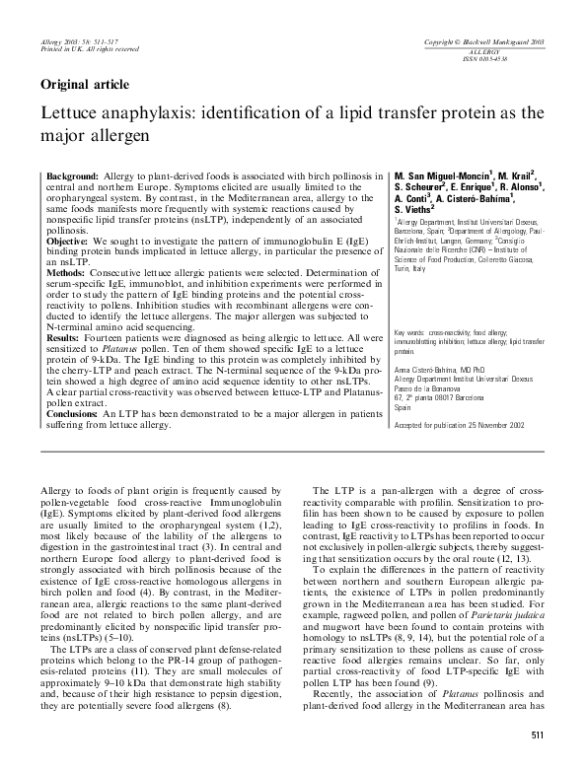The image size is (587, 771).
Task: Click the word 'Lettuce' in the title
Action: tap(70, 112)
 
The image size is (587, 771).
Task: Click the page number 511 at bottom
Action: tap(538, 736)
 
